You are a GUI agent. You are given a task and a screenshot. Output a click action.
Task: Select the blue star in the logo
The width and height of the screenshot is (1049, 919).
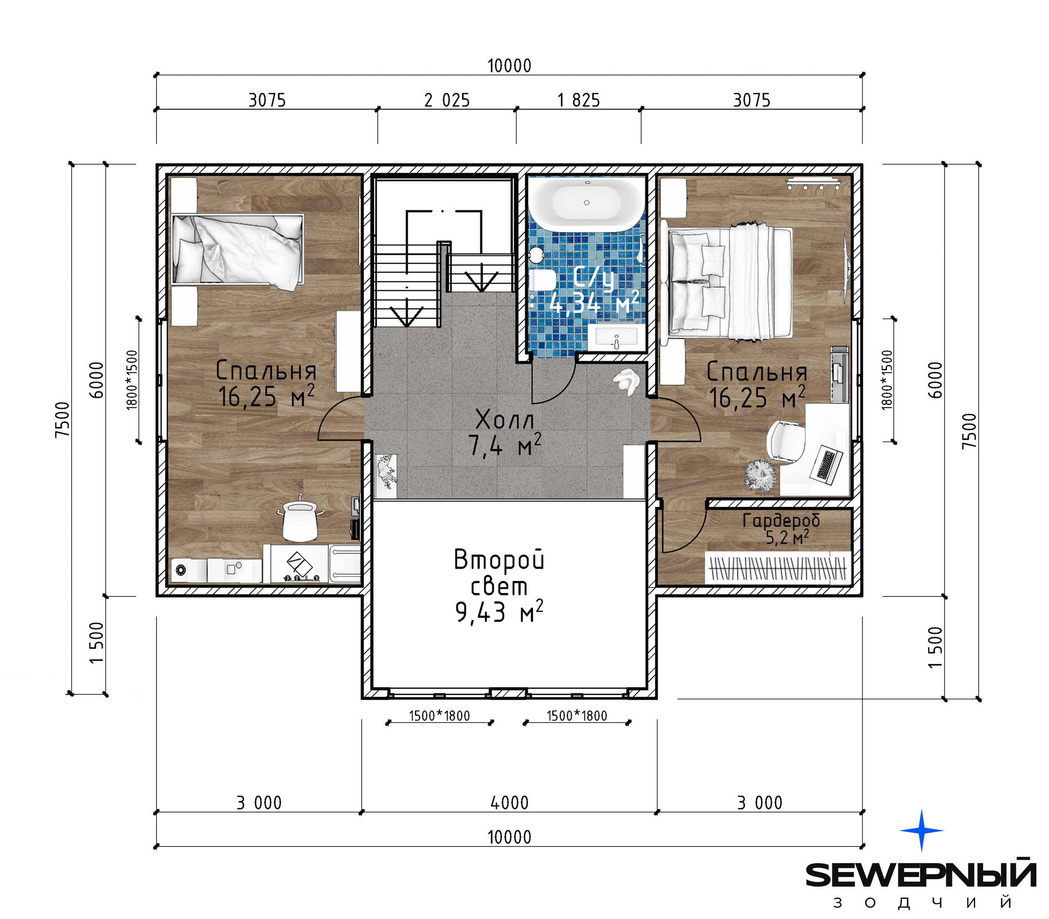[921, 830]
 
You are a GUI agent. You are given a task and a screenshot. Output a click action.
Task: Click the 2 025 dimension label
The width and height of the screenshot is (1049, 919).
[447, 100]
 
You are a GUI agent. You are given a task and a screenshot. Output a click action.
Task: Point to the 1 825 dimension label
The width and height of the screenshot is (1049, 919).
[579, 100]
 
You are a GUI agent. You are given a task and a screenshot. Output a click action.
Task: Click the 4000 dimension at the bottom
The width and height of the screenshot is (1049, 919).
[509, 802]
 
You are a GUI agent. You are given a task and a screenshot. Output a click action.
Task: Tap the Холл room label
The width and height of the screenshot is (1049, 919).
[505, 420]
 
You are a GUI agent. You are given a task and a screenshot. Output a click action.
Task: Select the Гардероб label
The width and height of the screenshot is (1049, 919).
[781, 521]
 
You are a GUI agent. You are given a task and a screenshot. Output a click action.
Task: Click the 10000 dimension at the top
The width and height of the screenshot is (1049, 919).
[509, 65]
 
